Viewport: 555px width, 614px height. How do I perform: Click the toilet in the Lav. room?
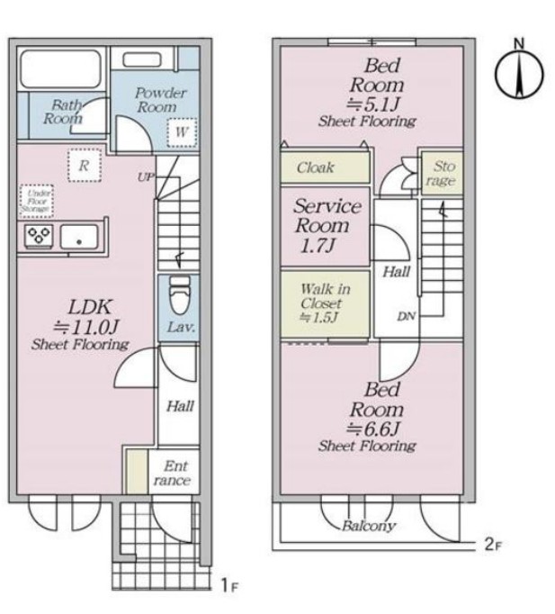click(x=180, y=294)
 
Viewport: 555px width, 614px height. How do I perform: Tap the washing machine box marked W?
click(x=182, y=132)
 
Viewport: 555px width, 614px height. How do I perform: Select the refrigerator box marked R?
click(x=84, y=166)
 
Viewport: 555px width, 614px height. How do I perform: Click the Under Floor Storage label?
click(x=36, y=201)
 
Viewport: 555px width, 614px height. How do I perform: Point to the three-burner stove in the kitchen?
click(x=39, y=236)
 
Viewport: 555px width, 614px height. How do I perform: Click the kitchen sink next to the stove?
click(x=78, y=237)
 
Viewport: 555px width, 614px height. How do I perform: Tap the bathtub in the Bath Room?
click(x=61, y=69)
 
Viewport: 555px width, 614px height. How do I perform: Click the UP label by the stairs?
click(x=146, y=177)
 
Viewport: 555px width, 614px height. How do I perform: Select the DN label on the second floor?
click(x=407, y=316)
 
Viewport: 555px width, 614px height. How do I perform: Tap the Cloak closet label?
click(x=315, y=167)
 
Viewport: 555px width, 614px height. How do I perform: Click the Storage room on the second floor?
click(x=442, y=174)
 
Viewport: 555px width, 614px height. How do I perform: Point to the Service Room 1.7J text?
click(x=327, y=226)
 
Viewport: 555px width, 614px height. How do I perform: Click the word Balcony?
click(x=369, y=526)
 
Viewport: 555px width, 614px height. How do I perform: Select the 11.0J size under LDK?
click(x=85, y=327)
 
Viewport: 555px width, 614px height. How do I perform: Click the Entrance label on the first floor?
click(x=173, y=473)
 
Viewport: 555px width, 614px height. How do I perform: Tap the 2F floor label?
click(x=493, y=545)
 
